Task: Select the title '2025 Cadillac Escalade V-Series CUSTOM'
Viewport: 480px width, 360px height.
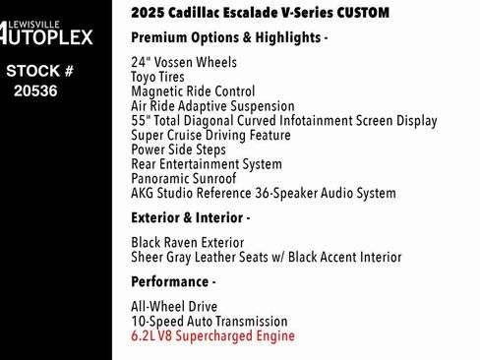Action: point(260,13)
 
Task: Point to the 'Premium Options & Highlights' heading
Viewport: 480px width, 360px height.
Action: point(229,37)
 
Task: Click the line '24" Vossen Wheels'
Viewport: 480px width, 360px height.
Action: point(183,62)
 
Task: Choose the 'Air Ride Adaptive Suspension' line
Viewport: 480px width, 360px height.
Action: point(212,106)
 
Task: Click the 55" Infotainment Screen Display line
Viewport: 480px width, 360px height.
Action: point(283,121)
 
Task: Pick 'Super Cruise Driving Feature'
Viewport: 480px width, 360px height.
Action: point(210,136)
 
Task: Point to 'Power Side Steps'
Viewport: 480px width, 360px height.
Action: point(178,150)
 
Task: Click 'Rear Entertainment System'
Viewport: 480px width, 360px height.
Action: point(207,165)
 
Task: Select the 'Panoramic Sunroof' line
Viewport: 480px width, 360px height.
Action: point(183,179)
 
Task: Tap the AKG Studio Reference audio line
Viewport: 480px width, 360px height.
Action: point(263,194)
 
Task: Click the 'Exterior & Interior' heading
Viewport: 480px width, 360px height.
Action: point(191,217)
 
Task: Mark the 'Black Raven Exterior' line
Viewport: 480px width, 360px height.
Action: point(187,242)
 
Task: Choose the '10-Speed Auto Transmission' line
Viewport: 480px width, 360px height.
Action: point(210,322)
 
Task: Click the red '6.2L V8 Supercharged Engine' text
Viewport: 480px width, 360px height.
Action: point(212,336)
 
